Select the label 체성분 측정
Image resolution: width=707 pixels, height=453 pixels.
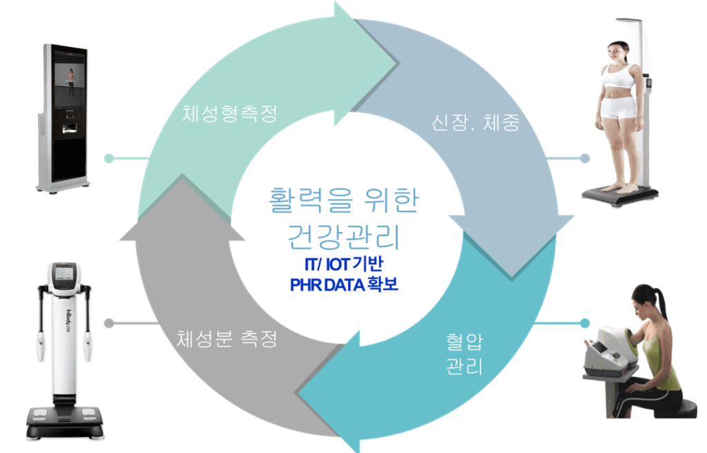coord(226,339)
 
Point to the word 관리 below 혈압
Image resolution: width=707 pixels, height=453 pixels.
coord(463,365)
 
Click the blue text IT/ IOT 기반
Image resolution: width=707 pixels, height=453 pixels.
coord(343,264)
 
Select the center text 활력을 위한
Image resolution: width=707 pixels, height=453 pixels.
coord(343,200)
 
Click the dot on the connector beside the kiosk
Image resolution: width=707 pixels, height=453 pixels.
coord(108,158)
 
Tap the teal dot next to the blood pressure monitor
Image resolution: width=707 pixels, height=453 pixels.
coord(585,322)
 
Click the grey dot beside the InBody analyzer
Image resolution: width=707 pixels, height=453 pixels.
coord(108,322)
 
